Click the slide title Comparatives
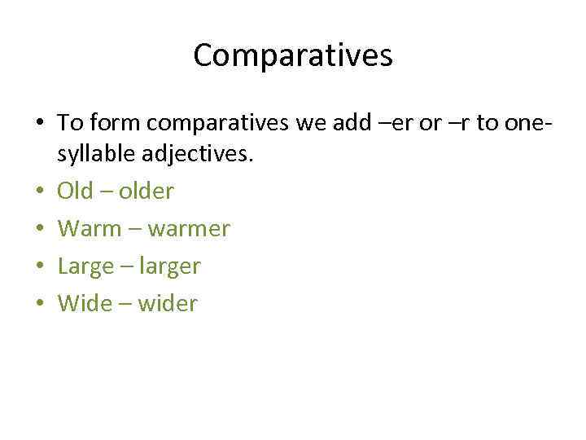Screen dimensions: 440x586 coord(293,55)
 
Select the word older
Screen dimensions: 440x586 coord(146,191)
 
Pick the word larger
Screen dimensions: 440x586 coord(171,266)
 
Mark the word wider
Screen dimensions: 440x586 coord(168,304)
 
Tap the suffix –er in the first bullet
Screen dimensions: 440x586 coord(415,123)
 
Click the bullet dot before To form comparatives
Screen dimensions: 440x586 coord(40,124)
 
